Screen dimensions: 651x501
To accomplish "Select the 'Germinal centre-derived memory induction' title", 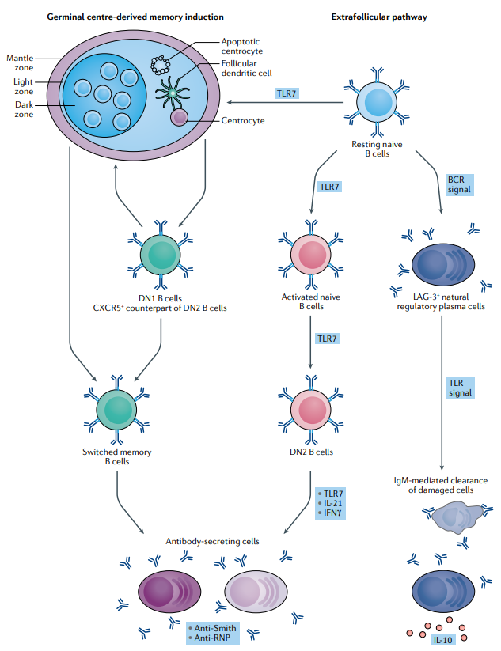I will (135, 17).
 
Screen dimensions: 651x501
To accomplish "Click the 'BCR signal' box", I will (459, 184).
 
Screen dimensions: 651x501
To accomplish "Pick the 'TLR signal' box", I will (459, 387).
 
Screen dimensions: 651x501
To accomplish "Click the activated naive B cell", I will (309, 258).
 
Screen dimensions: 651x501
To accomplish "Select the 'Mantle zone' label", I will (20, 62).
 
